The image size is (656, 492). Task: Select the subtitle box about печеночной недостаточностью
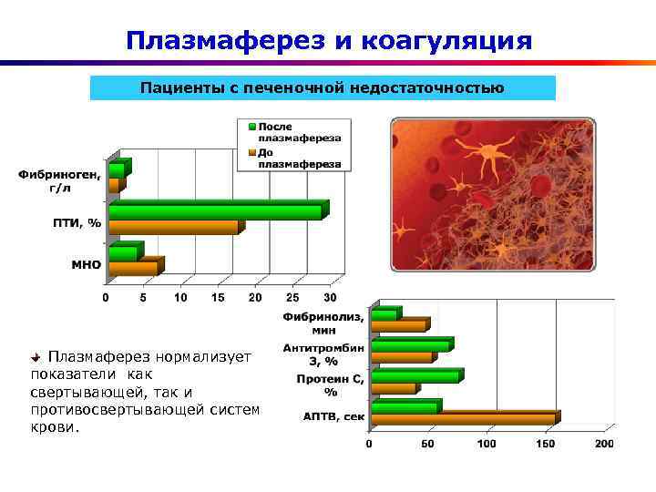(x=323, y=88)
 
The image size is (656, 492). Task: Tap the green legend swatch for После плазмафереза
(x=248, y=127)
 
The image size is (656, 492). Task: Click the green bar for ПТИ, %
(x=215, y=211)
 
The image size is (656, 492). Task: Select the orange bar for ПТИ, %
(x=173, y=227)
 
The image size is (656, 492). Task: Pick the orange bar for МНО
(x=133, y=268)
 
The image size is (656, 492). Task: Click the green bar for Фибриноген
(x=117, y=170)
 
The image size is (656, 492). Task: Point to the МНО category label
(x=87, y=265)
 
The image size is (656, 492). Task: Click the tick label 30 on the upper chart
(x=330, y=298)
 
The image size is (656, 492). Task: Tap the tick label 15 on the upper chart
(x=218, y=298)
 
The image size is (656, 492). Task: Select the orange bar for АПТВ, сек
(x=463, y=419)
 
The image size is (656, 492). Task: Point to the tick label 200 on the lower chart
(x=604, y=444)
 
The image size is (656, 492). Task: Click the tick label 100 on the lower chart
(x=487, y=444)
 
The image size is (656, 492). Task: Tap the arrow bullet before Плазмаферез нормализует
(x=36, y=356)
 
